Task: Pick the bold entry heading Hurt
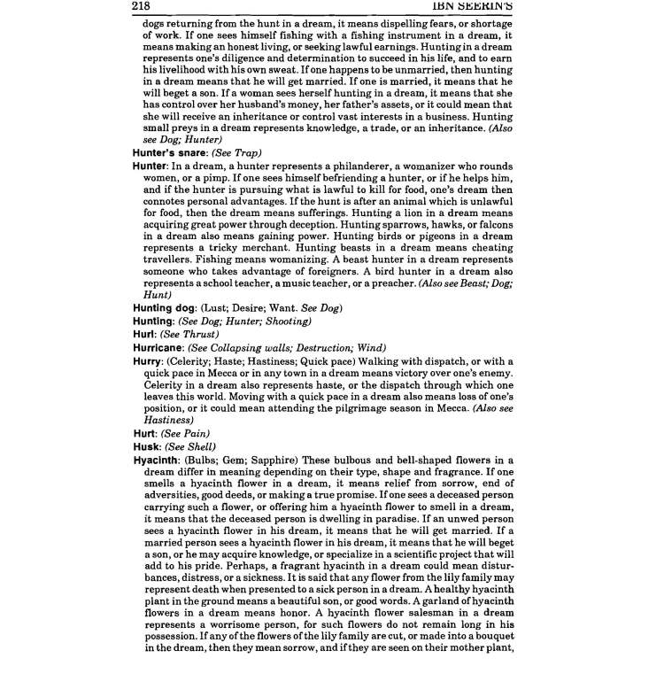143,433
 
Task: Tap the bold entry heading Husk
143,446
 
